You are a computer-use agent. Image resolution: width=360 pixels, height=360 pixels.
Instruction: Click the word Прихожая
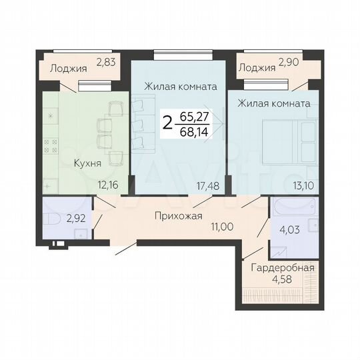pyautogui.click(x=178, y=215)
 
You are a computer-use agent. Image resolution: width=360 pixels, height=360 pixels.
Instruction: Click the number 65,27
pyautogui.click(x=195, y=115)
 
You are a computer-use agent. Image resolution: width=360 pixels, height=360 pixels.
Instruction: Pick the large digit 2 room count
pyautogui.click(x=167, y=123)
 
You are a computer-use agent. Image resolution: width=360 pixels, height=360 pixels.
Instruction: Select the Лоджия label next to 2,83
pyautogui.click(x=69, y=67)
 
